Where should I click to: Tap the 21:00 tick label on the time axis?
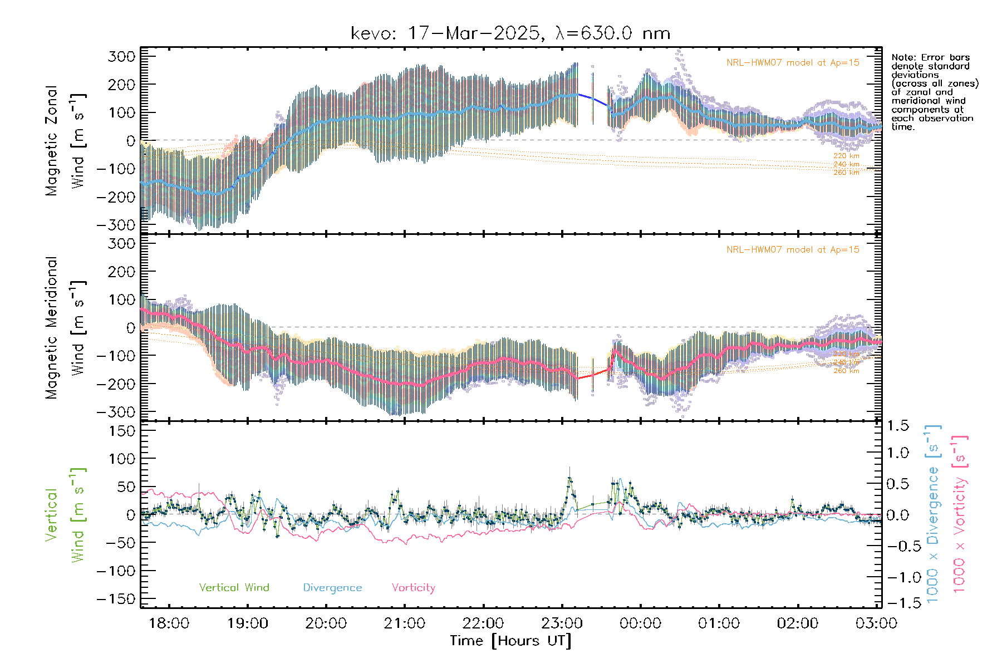tap(405, 623)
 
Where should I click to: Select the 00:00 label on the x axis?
tap(640, 623)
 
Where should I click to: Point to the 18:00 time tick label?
tap(169, 623)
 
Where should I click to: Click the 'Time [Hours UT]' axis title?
tap(510, 641)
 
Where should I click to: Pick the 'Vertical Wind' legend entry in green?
tap(234, 588)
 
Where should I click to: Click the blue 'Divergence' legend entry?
tap(332, 588)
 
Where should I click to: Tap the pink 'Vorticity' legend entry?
tap(413, 588)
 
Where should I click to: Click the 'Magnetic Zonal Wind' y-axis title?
tap(65, 140)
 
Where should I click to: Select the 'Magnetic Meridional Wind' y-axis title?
tap(65, 327)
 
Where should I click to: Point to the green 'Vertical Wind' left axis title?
tap(65, 515)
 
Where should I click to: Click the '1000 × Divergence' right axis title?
tap(933, 514)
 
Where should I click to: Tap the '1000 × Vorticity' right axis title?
tap(959, 514)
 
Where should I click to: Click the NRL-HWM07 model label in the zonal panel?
tap(793, 63)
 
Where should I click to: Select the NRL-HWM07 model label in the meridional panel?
tap(793, 250)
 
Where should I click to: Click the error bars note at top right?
tap(934, 92)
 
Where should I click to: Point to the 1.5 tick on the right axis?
tap(898, 426)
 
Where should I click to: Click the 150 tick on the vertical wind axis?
tap(122, 431)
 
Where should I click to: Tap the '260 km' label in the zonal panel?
tap(846, 173)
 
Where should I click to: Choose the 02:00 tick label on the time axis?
tap(797, 623)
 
